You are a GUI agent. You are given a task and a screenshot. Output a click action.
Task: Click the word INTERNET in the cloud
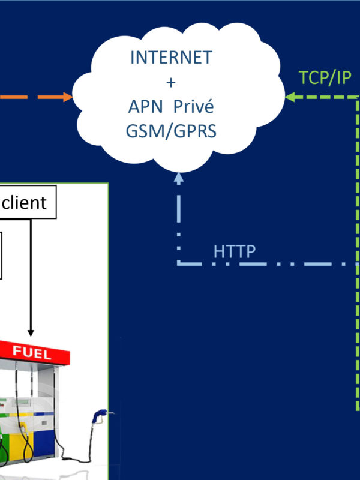171,58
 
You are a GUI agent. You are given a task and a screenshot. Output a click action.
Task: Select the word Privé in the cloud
194,107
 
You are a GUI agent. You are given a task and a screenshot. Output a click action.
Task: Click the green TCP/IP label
325,78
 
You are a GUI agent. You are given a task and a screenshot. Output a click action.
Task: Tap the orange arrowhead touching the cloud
67,97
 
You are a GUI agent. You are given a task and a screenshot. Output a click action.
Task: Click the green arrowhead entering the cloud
290,97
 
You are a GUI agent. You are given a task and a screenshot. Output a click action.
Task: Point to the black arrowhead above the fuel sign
31,332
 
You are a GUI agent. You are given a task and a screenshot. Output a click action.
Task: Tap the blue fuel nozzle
100,414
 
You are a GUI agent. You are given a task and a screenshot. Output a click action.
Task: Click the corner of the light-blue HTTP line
178,263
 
